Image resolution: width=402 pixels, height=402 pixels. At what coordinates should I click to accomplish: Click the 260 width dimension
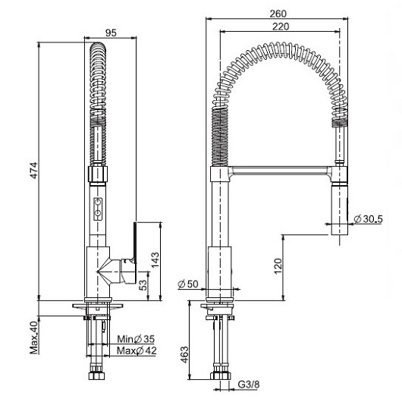[278, 14]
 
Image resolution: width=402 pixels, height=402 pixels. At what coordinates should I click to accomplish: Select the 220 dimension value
[281, 27]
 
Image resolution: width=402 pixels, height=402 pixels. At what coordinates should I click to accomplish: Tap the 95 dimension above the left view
[111, 33]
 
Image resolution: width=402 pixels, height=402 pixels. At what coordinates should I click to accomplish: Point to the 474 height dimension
[34, 170]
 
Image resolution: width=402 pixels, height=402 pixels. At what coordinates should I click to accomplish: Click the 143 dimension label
[155, 260]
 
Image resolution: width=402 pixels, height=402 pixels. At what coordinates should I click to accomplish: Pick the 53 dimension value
[143, 284]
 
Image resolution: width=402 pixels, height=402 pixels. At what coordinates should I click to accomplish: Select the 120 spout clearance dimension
[278, 266]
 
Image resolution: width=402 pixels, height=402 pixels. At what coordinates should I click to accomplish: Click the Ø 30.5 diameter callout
[368, 219]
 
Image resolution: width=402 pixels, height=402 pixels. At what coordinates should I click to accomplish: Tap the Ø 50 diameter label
[188, 284]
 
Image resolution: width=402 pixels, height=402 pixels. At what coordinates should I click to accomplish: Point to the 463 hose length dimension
[184, 355]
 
